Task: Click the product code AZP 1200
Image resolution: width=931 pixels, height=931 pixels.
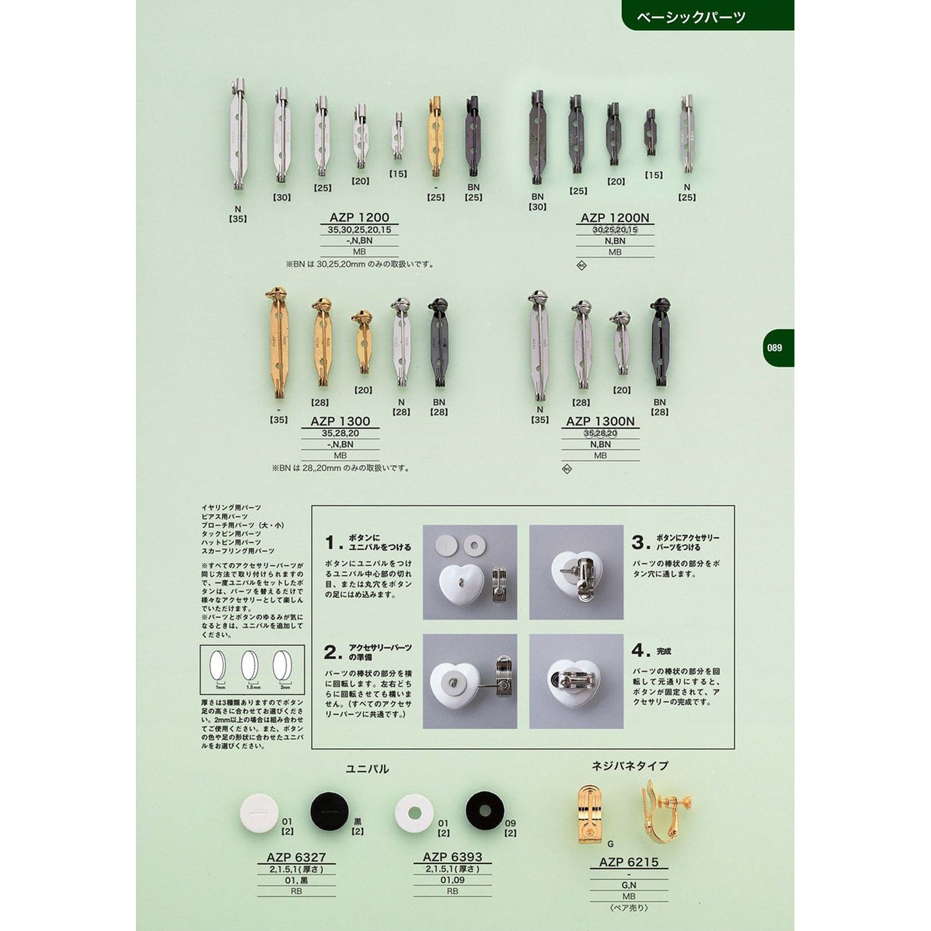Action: point(360,218)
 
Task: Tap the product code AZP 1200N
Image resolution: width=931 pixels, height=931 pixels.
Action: point(615,218)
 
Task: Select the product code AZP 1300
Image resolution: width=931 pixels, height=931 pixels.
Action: point(340,421)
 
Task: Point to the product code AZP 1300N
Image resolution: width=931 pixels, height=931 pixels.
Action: point(600,421)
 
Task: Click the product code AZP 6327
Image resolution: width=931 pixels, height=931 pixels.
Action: point(296,858)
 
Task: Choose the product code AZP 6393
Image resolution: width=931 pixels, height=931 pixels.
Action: point(452,857)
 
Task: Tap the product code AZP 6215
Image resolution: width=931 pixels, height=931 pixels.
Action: point(628,863)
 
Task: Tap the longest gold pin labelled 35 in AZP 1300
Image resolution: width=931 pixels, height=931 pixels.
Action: point(278,343)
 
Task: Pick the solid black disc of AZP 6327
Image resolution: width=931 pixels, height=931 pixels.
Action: point(329,811)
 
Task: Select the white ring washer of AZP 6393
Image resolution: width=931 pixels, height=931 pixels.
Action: point(414,813)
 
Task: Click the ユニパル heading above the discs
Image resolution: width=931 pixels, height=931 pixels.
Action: point(367,769)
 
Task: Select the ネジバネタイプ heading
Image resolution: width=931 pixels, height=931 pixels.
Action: point(629,765)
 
